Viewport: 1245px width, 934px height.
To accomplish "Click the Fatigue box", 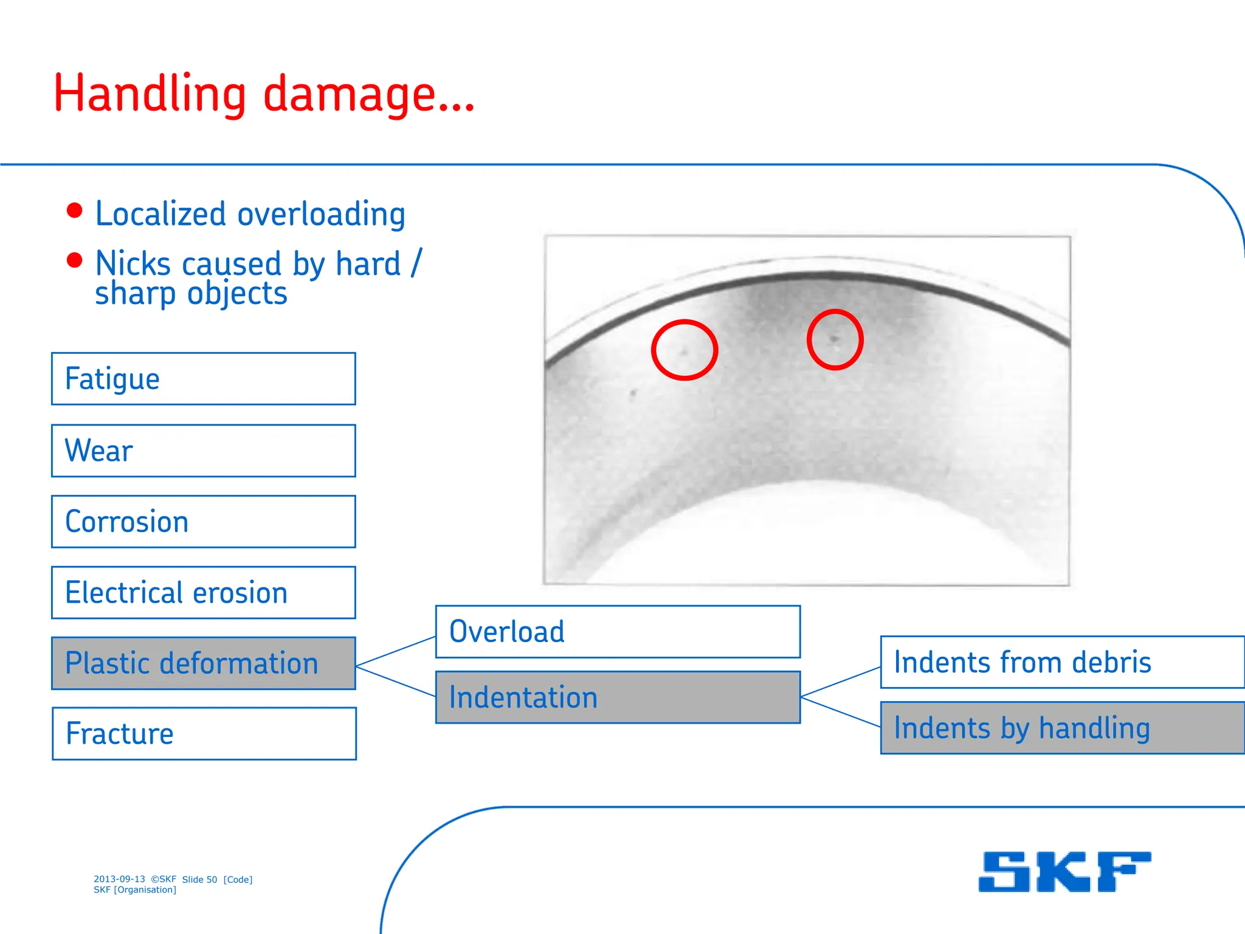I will coord(203,378).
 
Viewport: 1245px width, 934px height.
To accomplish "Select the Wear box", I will coord(203,451).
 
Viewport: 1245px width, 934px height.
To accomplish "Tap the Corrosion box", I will coord(203,522).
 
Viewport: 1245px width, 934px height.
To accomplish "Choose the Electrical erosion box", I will coord(203,592).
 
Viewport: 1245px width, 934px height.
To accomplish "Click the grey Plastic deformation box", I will coord(203,663).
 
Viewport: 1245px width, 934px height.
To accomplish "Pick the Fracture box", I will coord(203,733).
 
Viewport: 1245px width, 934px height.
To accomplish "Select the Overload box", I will coord(618,631).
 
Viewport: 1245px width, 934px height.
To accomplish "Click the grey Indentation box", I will coord(618,697).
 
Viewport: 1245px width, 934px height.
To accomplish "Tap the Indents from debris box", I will coord(1062,662).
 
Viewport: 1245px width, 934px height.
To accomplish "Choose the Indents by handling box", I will coord(1062,728).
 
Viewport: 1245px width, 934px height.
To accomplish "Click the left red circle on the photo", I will coord(685,350).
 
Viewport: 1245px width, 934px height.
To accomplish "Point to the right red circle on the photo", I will coord(835,339).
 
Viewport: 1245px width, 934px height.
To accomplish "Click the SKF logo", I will coord(1064,871).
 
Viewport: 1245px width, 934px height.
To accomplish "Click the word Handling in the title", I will coord(150,94).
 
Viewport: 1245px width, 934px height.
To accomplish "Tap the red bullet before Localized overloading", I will coord(74,210).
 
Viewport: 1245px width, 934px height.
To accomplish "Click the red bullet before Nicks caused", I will coord(74,260).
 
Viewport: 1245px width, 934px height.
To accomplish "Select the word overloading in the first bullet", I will coord(321,214).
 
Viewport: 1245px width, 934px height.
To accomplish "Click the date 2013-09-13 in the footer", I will coord(119,879).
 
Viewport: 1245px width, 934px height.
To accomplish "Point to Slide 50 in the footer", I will coord(199,879).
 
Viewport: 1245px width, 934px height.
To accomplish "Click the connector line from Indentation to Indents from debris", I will coord(841,682).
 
